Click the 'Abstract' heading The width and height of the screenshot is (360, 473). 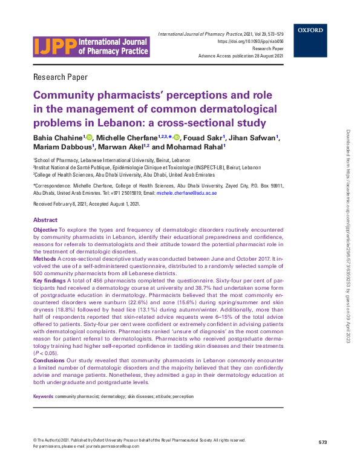coord(45,220)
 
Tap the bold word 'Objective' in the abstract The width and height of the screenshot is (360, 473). coord(45,231)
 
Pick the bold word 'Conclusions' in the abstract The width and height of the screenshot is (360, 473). coord(50,360)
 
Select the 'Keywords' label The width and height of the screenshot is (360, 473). coord(44,396)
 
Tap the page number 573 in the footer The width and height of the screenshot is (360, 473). coord(322,443)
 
